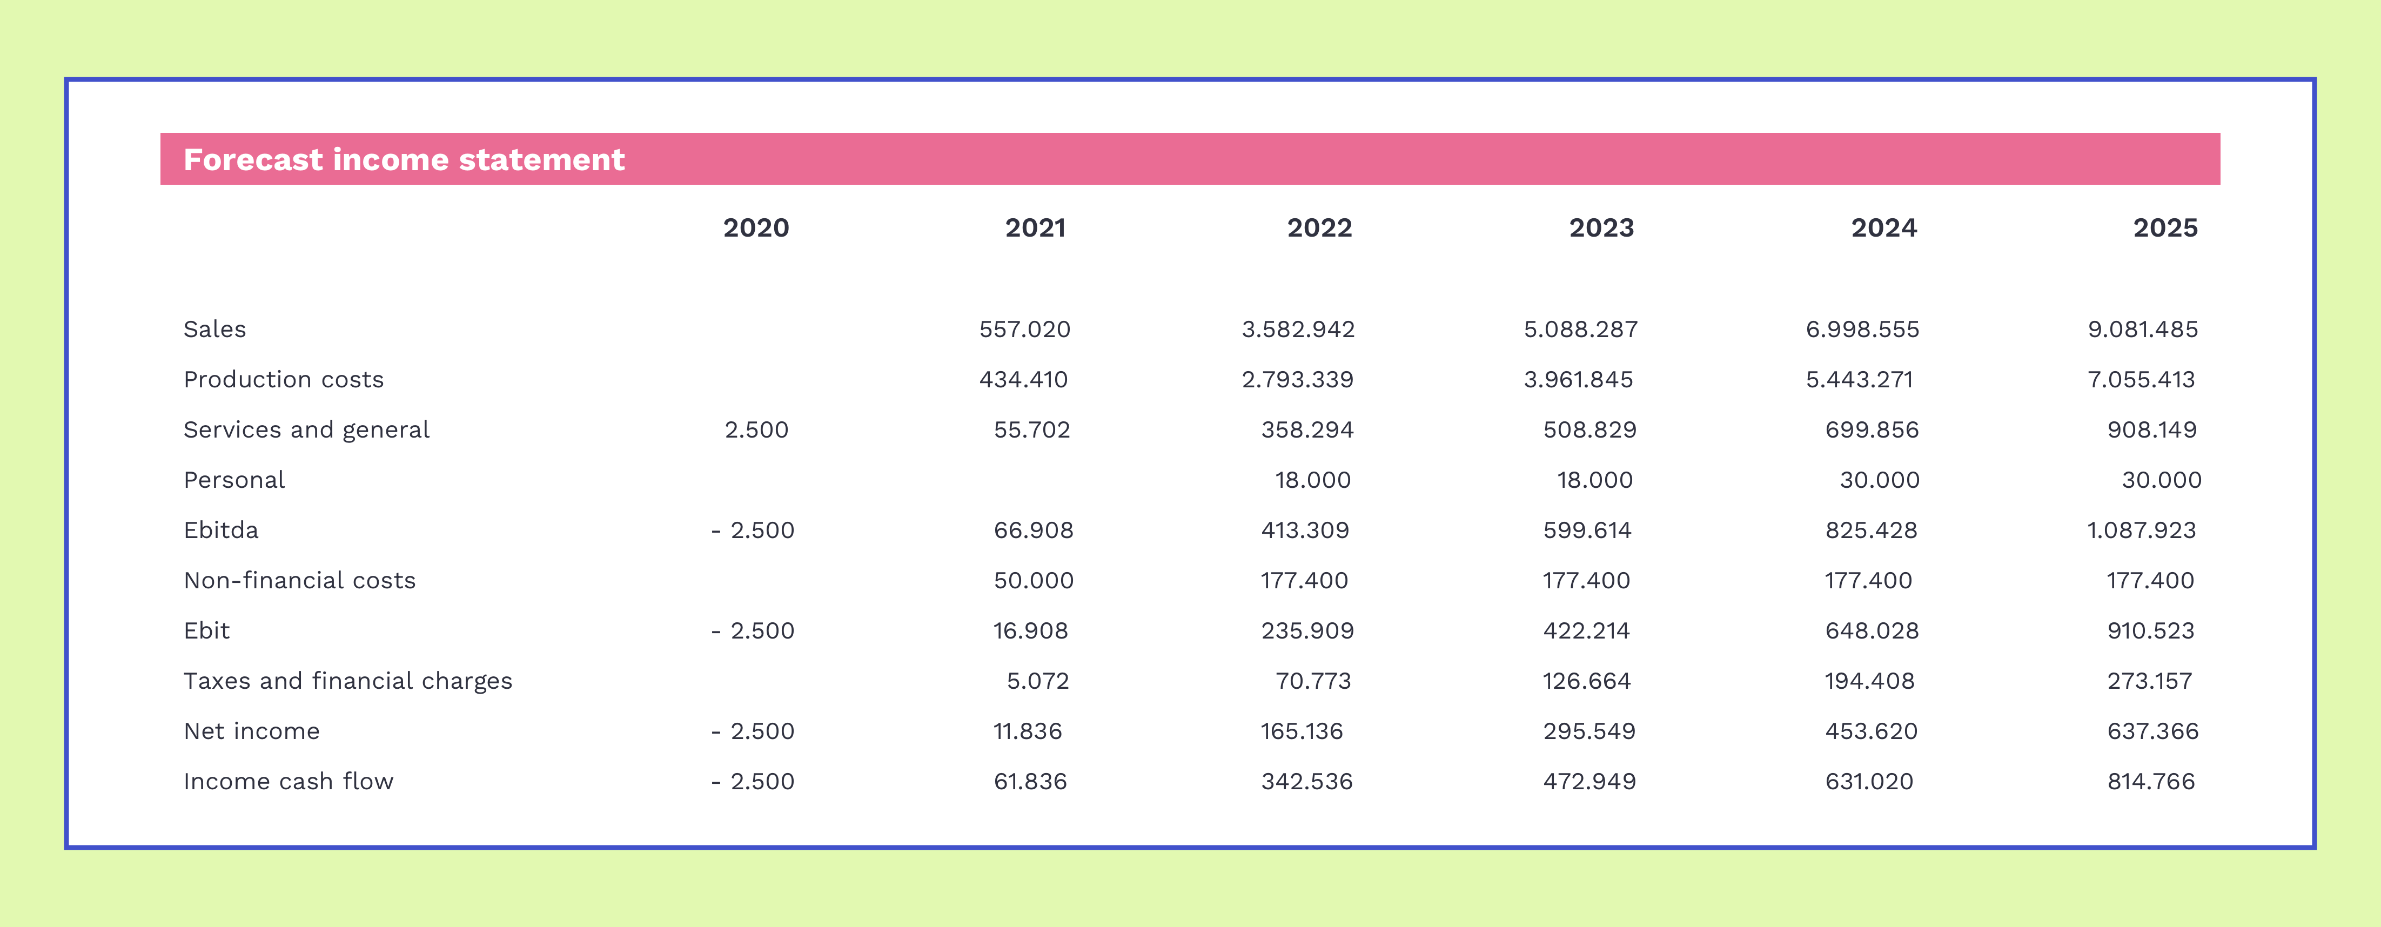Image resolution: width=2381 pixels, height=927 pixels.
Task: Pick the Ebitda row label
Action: pyautogui.click(x=221, y=530)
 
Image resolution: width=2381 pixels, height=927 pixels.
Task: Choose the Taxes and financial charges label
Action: pyautogui.click(x=347, y=681)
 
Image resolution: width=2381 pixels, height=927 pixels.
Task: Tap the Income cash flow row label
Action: pyautogui.click(x=289, y=782)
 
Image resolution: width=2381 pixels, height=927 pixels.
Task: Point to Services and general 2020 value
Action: pyautogui.click(x=756, y=430)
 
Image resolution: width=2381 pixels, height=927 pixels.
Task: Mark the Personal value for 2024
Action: pyautogui.click(x=1879, y=481)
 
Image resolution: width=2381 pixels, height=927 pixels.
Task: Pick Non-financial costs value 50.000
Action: pyautogui.click(x=1034, y=580)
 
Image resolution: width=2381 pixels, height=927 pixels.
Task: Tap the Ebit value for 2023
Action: pyautogui.click(x=1586, y=632)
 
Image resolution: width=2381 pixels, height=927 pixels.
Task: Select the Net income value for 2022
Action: pyautogui.click(x=1302, y=731)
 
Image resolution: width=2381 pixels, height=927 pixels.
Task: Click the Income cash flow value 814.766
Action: pyautogui.click(x=2151, y=782)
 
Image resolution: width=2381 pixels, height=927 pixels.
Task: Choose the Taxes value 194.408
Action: pyautogui.click(x=1869, y=681)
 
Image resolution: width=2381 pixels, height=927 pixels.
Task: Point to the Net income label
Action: pyautogui.click(x=251, y=731)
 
